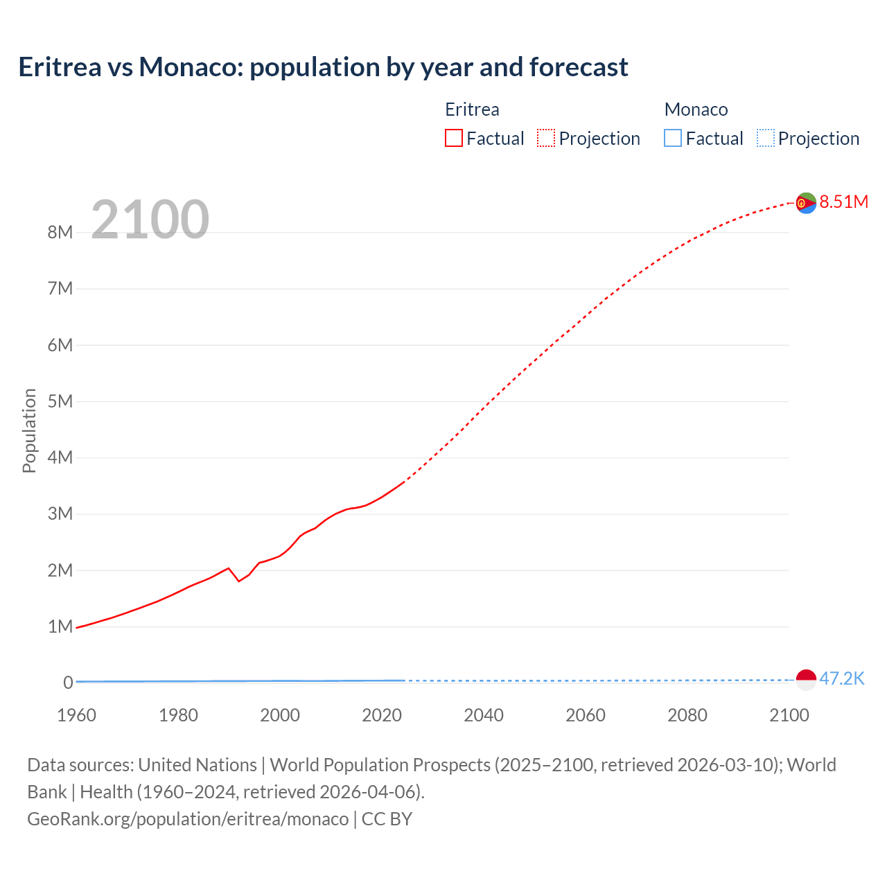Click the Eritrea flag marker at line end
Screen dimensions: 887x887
tap(806, 203)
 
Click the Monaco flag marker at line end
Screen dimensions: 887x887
tap(806, 680)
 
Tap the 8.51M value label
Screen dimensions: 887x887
tap(843, 202)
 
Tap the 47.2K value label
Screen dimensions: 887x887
tap(842, 678)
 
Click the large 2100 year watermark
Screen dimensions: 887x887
tap(150, 220)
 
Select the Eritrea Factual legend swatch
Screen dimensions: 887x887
tap(453, 139)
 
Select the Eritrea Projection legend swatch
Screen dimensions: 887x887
tap(546, 139)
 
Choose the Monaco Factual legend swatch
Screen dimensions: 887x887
tap(672, 139)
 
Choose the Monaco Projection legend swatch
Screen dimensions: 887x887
tap(765, 139)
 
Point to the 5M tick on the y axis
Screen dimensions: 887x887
tap(60, 401)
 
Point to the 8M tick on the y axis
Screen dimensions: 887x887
tap(60, 232)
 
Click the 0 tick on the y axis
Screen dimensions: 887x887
tap(68, 683)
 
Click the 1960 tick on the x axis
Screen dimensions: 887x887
tap(76, 715)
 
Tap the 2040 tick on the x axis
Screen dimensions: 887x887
tap(484, 715)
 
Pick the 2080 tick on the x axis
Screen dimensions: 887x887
tap(687, 715)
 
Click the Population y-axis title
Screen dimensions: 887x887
tap(29, 430)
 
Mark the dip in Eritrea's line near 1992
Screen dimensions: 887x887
tap(239, 581)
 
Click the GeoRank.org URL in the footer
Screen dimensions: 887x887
tap(188, 819)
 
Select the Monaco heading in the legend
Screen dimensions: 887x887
tap(696, 109)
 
